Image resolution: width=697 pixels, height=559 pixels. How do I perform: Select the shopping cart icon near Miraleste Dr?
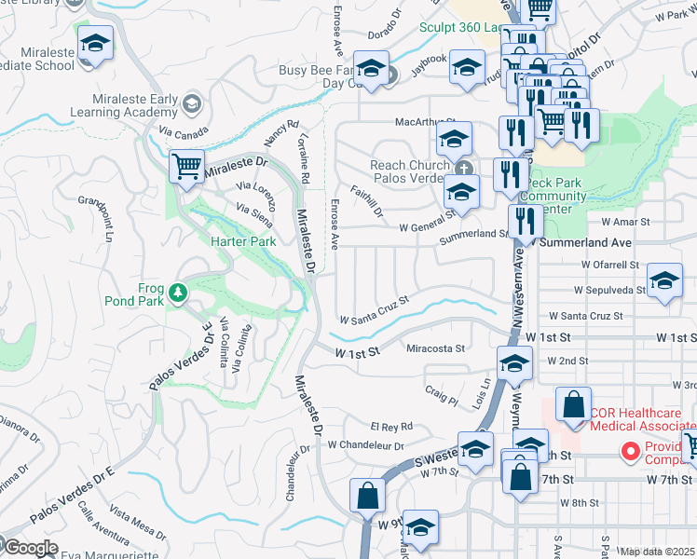pyautogui.click(x=186, y=168)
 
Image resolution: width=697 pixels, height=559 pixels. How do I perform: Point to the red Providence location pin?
pyautogui.click(x=630, y=452)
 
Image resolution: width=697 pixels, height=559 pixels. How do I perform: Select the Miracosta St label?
pyautogui.click(x=436, y=348)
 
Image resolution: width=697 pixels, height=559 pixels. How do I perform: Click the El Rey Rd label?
pyautogui.click(x=391, y=426)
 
